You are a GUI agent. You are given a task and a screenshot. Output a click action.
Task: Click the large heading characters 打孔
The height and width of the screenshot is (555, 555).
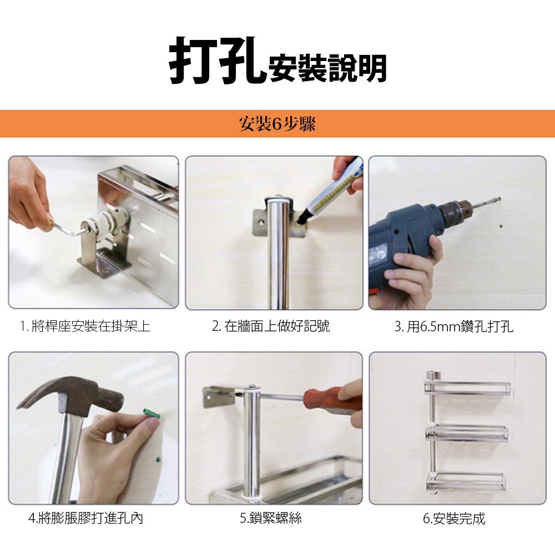tap(218, 60)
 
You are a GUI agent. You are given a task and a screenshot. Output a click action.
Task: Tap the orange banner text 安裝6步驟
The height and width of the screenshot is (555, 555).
tap(277, 124)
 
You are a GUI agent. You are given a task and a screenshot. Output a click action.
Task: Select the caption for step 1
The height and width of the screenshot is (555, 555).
tap(85, 326)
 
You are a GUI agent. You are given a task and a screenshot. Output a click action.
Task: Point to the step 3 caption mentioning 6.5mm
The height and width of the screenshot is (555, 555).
tap(454, 326)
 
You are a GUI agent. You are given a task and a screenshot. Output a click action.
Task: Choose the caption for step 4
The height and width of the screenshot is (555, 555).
tap(85, 518)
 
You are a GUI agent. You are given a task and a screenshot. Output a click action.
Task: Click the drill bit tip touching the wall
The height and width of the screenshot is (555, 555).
tap(499, 199)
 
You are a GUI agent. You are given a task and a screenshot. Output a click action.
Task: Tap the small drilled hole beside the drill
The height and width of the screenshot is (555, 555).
tap(501, 226)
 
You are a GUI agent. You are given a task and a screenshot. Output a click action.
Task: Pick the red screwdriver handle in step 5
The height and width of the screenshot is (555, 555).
tap(332, 400)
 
